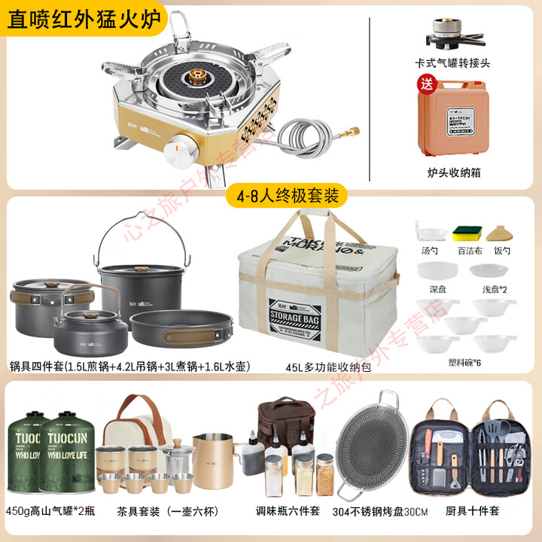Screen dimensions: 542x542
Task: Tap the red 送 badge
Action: [x=427, y=83]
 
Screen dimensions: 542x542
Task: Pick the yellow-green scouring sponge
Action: [x=465, y=233]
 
